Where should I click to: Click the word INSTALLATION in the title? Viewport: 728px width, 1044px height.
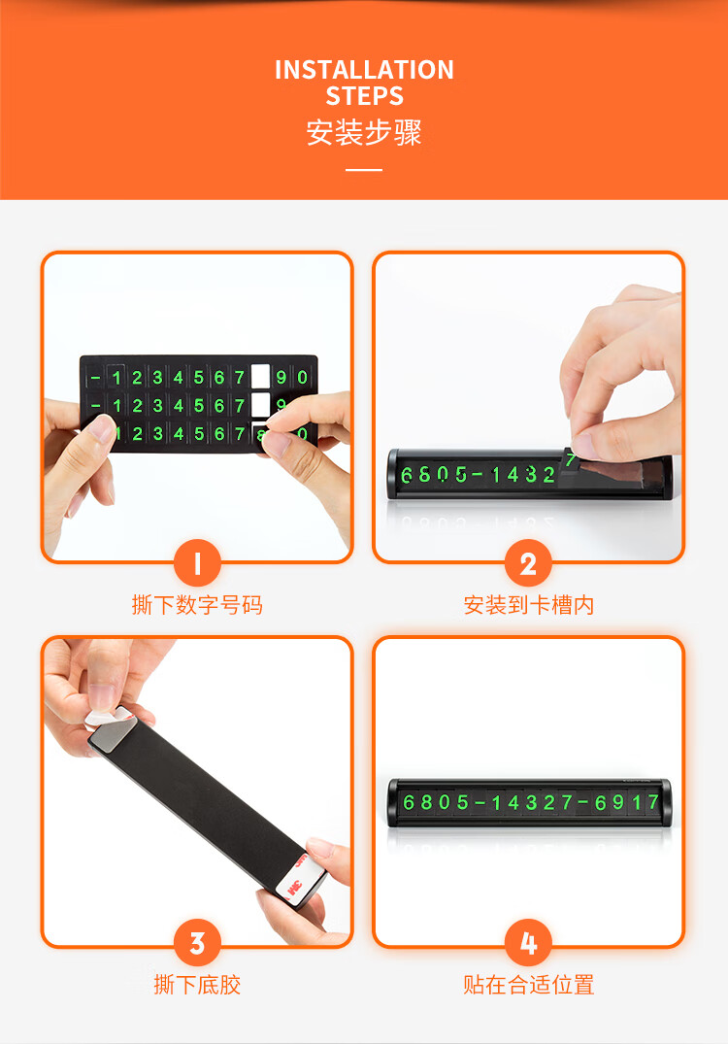[364, 70]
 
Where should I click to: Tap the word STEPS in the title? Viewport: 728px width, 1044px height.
[364, 96]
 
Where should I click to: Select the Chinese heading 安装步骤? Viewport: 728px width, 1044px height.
[364, 132]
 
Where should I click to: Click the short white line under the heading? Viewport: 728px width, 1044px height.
[364, 170]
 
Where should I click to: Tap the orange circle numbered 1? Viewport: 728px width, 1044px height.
[197, 563]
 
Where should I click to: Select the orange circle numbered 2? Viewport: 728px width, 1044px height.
[528, 563]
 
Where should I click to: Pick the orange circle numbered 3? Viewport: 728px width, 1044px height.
[197, 943]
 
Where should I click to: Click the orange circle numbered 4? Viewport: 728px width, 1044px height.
[528, 943]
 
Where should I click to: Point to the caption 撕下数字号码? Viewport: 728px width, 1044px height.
[197, 605]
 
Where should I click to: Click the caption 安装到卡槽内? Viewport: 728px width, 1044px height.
[528, 605]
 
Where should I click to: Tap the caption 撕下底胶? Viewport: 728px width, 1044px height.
[197, 985]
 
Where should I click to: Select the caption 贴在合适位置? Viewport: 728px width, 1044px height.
[528, 985]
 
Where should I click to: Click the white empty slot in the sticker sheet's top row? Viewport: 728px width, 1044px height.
[260, 376]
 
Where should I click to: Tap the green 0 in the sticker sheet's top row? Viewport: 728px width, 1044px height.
[303, 377]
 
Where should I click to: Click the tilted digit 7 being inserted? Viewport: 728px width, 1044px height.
[571, 459]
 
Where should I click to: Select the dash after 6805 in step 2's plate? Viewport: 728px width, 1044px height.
[478, 475]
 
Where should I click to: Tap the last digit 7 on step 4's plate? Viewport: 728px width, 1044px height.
[653, 801]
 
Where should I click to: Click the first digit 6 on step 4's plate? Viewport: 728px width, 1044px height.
[409, 802]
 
